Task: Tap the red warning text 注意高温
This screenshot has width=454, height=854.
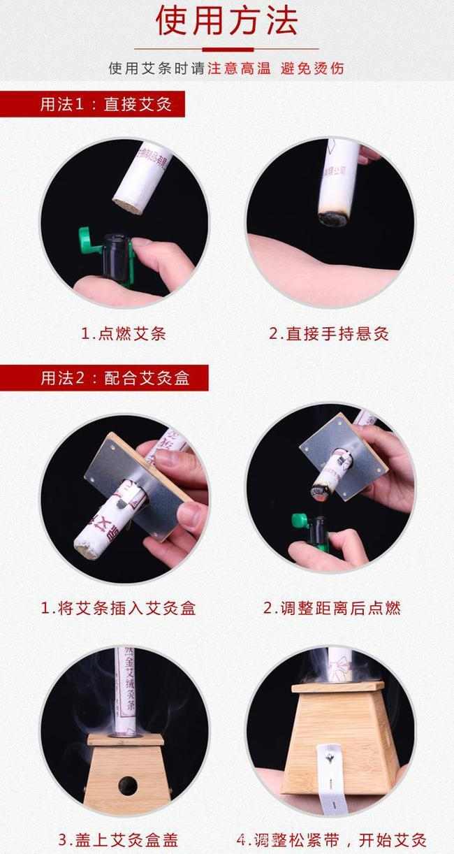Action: [x=239, y=68]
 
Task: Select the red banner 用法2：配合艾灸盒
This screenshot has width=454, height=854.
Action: [x=115, y=378]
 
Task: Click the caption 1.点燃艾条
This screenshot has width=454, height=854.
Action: [x=124, y=333]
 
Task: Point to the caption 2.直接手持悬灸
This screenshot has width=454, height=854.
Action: [x=329, y=333]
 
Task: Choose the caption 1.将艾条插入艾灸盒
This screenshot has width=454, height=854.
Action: [x=118, y=608]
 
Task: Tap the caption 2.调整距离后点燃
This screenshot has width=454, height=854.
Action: [x=332, y=608]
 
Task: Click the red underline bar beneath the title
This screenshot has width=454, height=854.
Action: [x=227, y=49]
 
